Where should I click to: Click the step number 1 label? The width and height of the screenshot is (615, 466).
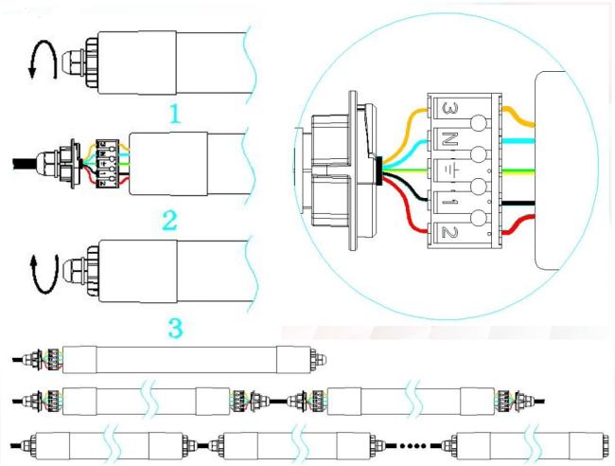175,114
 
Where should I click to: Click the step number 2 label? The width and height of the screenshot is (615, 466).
170,221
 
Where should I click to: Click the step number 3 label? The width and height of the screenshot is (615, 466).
175,329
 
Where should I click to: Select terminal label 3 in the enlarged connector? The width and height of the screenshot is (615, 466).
449,108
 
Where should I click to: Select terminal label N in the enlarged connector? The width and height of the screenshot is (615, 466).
449,139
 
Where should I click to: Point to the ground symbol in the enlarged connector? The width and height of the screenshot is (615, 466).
449,170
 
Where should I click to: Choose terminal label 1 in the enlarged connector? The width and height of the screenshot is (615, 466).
449,202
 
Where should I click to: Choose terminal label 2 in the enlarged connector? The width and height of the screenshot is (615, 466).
449,232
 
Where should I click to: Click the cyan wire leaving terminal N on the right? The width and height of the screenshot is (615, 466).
518,140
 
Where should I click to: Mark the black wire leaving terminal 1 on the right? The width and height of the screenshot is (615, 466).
518,203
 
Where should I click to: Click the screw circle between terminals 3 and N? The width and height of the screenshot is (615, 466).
479,123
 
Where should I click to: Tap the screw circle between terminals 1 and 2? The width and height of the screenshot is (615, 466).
479,218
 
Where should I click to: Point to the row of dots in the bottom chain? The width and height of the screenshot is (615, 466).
413,445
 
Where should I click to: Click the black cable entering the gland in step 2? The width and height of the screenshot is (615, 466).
25,163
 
